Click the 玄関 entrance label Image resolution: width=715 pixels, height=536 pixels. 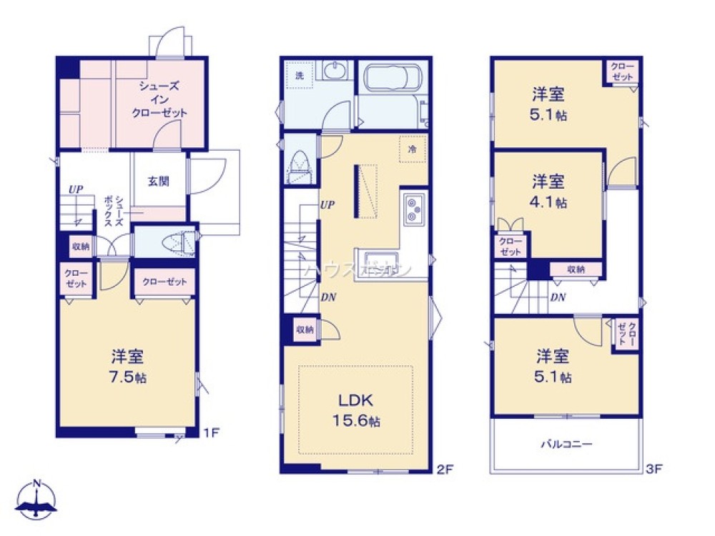[159, 181]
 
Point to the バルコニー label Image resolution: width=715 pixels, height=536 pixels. [565, 444]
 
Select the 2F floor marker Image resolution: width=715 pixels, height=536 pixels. [444, 469]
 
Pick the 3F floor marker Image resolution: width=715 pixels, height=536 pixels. [654, 469]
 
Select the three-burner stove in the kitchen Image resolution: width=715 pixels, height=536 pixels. [414, 210]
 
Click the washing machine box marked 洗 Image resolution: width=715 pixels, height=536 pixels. [300, 75]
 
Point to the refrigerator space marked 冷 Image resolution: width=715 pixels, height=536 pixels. [413, 149]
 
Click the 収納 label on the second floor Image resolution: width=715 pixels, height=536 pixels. [305, 330]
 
